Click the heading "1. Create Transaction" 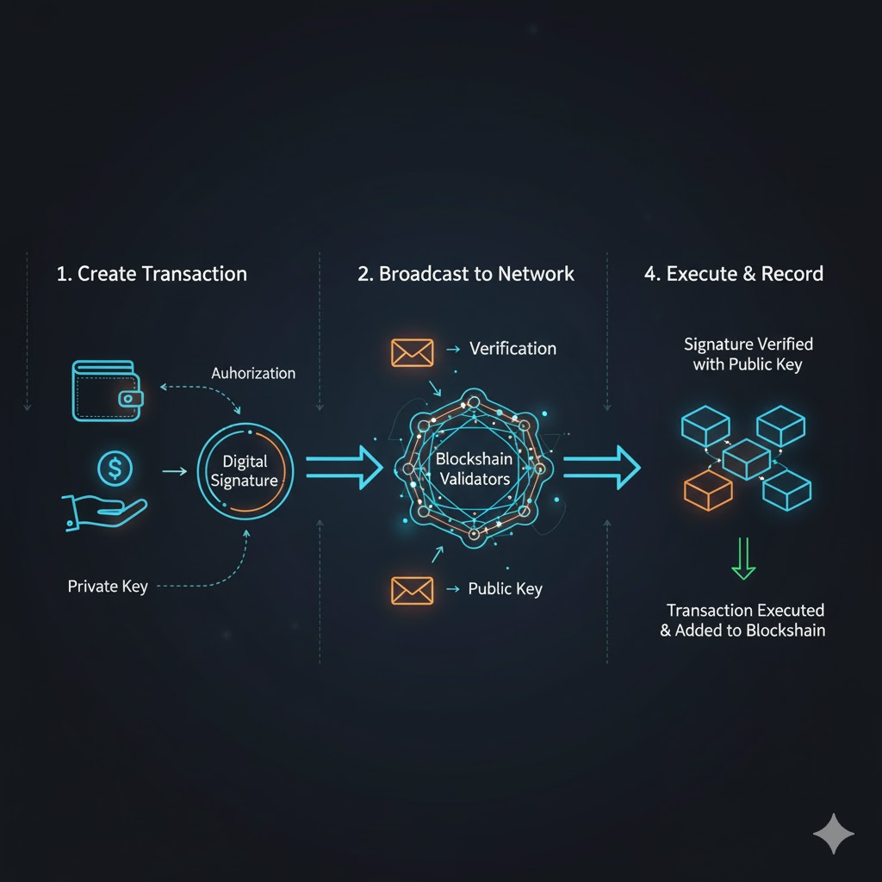click(152, 274)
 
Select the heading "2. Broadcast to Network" click(466, 274)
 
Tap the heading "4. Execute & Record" click(734, 274)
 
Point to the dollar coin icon click(114, 469)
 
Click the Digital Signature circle click(245, 470)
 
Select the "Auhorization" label click(253, 373)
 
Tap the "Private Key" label click(108, 587)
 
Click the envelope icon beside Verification click(412, 351)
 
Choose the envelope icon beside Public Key click(412, 590)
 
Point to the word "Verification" click(512, 349)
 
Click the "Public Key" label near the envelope click(505, 589)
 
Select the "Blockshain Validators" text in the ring click(473, 469)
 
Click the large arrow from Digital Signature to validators click(344, 468)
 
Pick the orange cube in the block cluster click(708, 490)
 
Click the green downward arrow click(742, 559)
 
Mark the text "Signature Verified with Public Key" click(748, 354)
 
